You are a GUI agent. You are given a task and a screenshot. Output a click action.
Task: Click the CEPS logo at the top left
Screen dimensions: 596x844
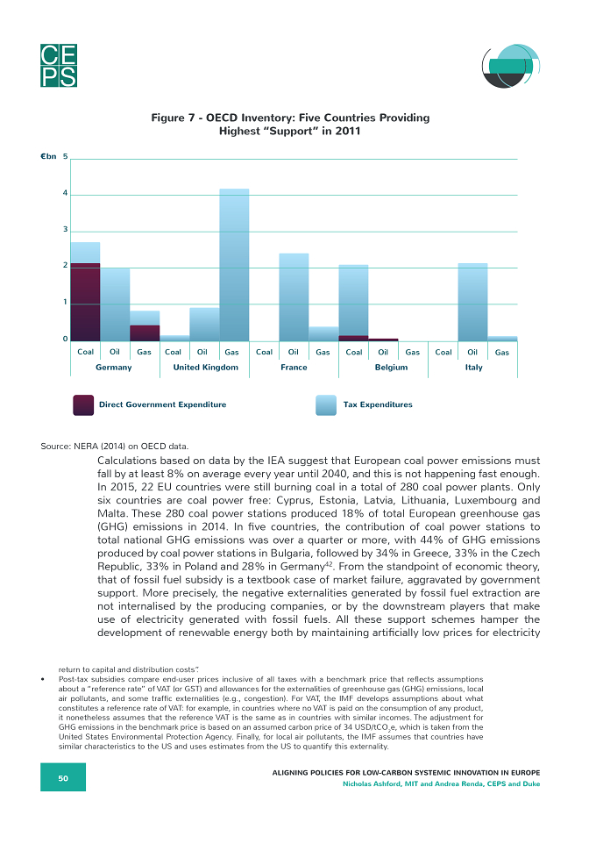[x=59, y=65]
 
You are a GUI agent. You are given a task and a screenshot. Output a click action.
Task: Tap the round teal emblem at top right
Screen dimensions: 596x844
[x=510, y=66]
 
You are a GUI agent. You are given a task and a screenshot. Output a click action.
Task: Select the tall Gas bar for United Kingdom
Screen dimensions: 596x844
[x=234, y=265]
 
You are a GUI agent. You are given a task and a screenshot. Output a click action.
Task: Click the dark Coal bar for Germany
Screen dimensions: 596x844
[x=86, y=302]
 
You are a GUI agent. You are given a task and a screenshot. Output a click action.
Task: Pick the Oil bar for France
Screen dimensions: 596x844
[x=294, y=297]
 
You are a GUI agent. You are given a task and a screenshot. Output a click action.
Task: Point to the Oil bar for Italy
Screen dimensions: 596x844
[x=472, y=302]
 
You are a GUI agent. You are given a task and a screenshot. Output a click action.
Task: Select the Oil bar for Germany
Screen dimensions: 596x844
[x=115, y=304]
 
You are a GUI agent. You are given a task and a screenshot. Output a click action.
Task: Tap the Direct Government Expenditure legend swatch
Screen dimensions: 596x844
[x=83, y=405]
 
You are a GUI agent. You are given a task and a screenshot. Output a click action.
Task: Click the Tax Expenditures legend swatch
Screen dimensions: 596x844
[x=326, y=405]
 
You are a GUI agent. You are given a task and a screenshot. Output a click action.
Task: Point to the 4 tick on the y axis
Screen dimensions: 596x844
[x=65, y=193]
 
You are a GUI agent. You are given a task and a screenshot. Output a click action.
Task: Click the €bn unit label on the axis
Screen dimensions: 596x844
[x=48, y=157]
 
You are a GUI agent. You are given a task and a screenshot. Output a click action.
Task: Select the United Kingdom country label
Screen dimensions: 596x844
[x=205, y=367]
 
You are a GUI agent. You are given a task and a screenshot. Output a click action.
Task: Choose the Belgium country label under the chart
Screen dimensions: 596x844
[x=391, y=367]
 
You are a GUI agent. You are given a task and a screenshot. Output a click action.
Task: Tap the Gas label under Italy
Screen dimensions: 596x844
[x=502, y=352]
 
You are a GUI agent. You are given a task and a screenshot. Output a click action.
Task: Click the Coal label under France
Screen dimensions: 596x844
[x=264, y=352]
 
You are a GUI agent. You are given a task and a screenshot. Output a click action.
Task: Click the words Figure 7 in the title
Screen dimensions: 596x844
[x=173, y=118]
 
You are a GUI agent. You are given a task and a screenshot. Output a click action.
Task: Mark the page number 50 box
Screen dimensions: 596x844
[x=63, y=777]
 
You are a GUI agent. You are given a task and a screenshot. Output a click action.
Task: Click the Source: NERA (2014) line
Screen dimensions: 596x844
[x=115, y=447]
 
